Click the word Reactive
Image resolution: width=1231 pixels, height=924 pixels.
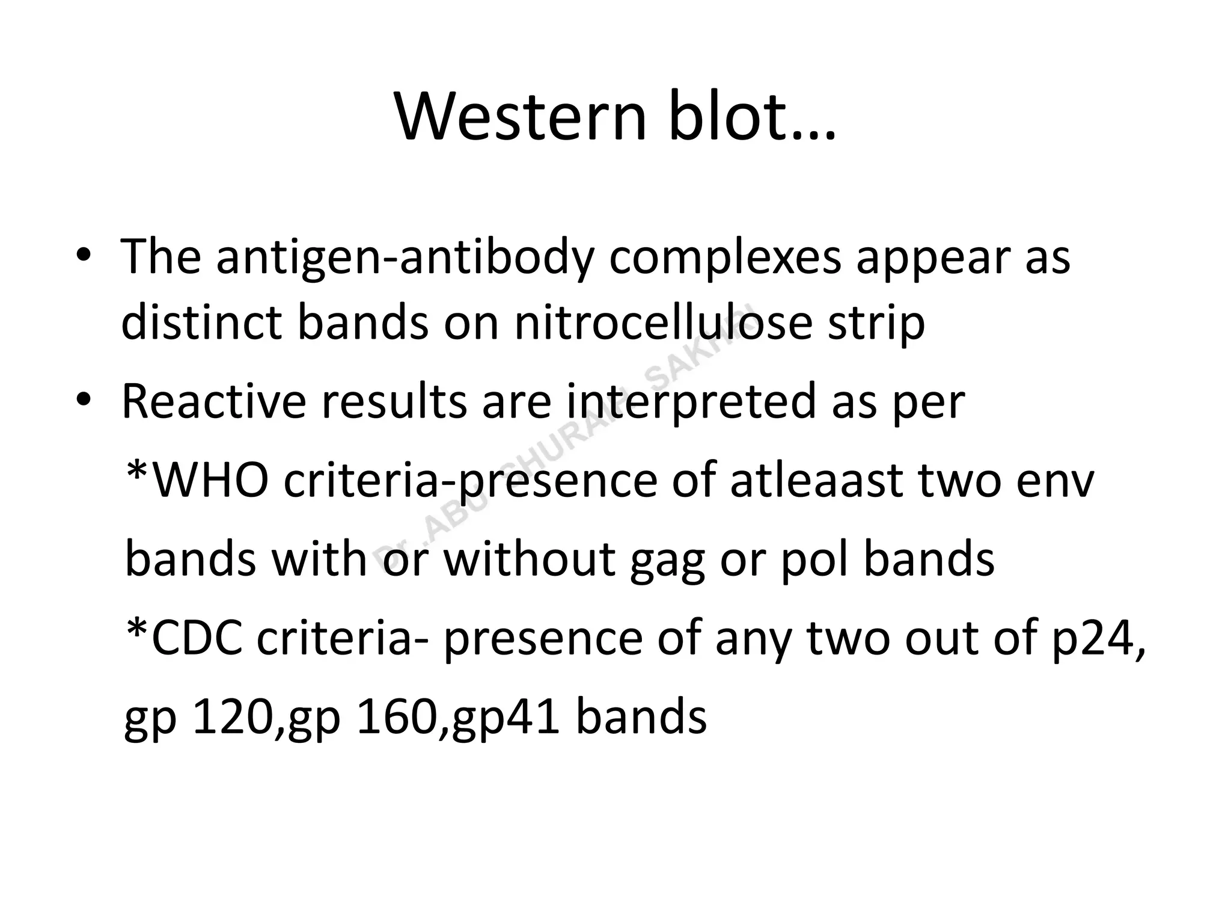coord(214,402)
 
